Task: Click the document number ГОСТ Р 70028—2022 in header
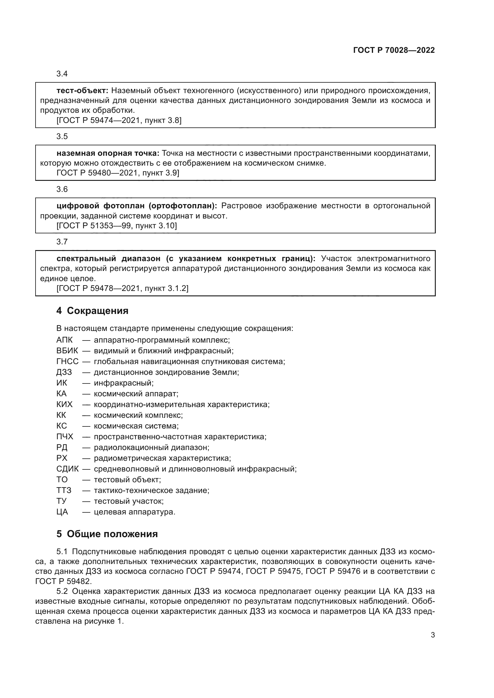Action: tap(394, 50)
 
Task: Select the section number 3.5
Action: tap(62, 136)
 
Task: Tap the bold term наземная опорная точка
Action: tap(108, 153)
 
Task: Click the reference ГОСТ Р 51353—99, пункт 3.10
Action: tap(117, 226)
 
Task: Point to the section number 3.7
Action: tap(62, 242)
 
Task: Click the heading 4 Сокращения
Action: tap(92, 311)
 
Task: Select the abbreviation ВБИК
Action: tap(67, 351)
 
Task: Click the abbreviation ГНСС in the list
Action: tap(67, 361)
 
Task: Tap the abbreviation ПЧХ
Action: tap(65, 437)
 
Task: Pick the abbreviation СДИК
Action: tap(67, 469)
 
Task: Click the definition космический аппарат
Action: tap(136, 394)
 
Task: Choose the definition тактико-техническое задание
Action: tap(151, 490)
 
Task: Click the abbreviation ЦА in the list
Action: tap(62, 512)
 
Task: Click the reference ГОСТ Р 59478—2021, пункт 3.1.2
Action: tap(122, 288)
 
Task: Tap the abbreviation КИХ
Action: tap(65, 404)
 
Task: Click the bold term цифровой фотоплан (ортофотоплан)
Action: tap(136, 206)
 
